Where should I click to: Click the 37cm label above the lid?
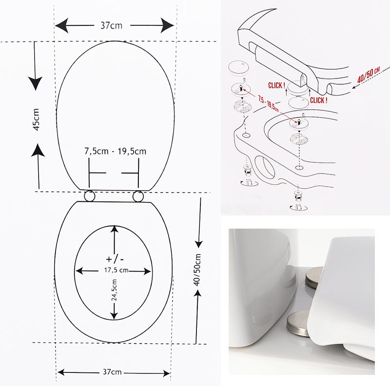point(112,26)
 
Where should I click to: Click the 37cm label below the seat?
point(112,372)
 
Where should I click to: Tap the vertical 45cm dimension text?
point(36,119)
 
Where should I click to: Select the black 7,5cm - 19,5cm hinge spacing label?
point(115,151)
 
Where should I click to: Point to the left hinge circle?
point(89,196)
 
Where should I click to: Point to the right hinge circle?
point(138,196)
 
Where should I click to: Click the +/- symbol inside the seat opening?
point(115,259)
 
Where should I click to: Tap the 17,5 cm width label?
point(116,270)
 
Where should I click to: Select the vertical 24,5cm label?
point(114,290)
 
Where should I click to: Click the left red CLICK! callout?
point(276,86)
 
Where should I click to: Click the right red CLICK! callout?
point(319,100)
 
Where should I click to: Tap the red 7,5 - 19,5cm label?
point(269,103)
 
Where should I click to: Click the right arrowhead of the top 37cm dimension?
point(167,26)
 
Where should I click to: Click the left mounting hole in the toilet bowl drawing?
point(246,136)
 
